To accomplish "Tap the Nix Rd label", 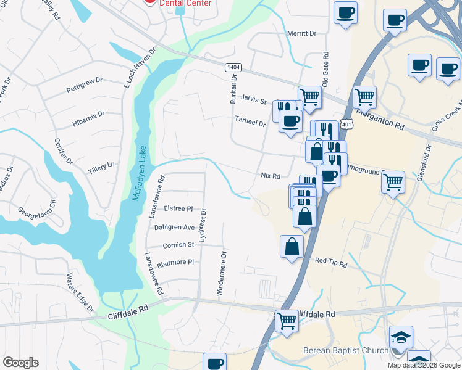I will (271, 176).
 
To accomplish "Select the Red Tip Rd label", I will (331, 263).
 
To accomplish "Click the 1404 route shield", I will (233, 67).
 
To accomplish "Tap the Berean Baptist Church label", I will (345, 351).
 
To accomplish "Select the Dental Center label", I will (185, 3).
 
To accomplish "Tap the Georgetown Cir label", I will (36, 207).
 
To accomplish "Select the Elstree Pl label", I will (178, 208).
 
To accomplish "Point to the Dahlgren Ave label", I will (174, 227).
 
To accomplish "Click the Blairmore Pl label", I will (175, 262).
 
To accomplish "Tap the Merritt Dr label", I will (301, 33).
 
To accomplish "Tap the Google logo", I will (21, 363).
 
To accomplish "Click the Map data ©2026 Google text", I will (424, 365).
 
